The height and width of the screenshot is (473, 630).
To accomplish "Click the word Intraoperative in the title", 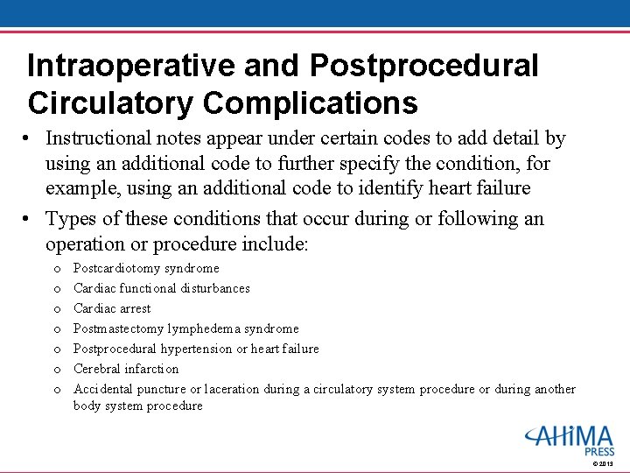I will coord(130,66).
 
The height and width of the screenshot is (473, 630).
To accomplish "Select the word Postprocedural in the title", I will coord(424,66).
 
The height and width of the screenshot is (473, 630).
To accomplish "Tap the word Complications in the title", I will coord(310,103).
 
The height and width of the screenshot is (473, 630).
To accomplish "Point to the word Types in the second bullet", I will coord(71,219).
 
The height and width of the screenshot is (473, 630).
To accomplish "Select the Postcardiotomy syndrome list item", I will coord(146,268).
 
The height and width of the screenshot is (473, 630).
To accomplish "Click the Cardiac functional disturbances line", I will coord(162,288).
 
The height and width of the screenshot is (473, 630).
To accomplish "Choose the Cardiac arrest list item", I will coord(112,308).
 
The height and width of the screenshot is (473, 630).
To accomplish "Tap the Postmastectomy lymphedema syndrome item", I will coord(186,328).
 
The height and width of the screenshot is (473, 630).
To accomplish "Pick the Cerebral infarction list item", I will coord(126,369).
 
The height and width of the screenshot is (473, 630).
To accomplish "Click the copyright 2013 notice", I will coord(603,463).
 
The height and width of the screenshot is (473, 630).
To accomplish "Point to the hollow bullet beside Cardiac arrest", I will coord(57,309).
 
